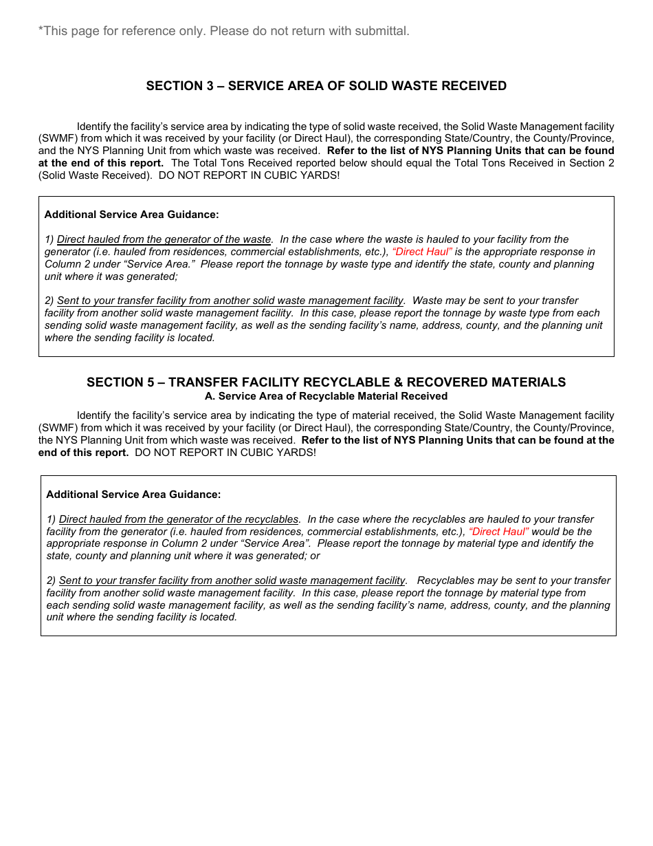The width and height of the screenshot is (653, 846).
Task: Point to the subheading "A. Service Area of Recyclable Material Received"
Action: pos(326,396)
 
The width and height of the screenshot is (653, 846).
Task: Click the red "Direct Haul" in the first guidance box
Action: pos(422,252)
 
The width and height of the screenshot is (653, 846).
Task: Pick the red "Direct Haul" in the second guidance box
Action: pos(499,532)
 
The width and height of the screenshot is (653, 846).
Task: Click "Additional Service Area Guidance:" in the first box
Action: pos(131,215)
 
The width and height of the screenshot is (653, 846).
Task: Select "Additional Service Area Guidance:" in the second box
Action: pos(133,495)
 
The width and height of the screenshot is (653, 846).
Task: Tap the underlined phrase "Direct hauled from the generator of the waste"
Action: pos(164,239)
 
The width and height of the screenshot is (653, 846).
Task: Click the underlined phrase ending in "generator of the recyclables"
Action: pos(179,519)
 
